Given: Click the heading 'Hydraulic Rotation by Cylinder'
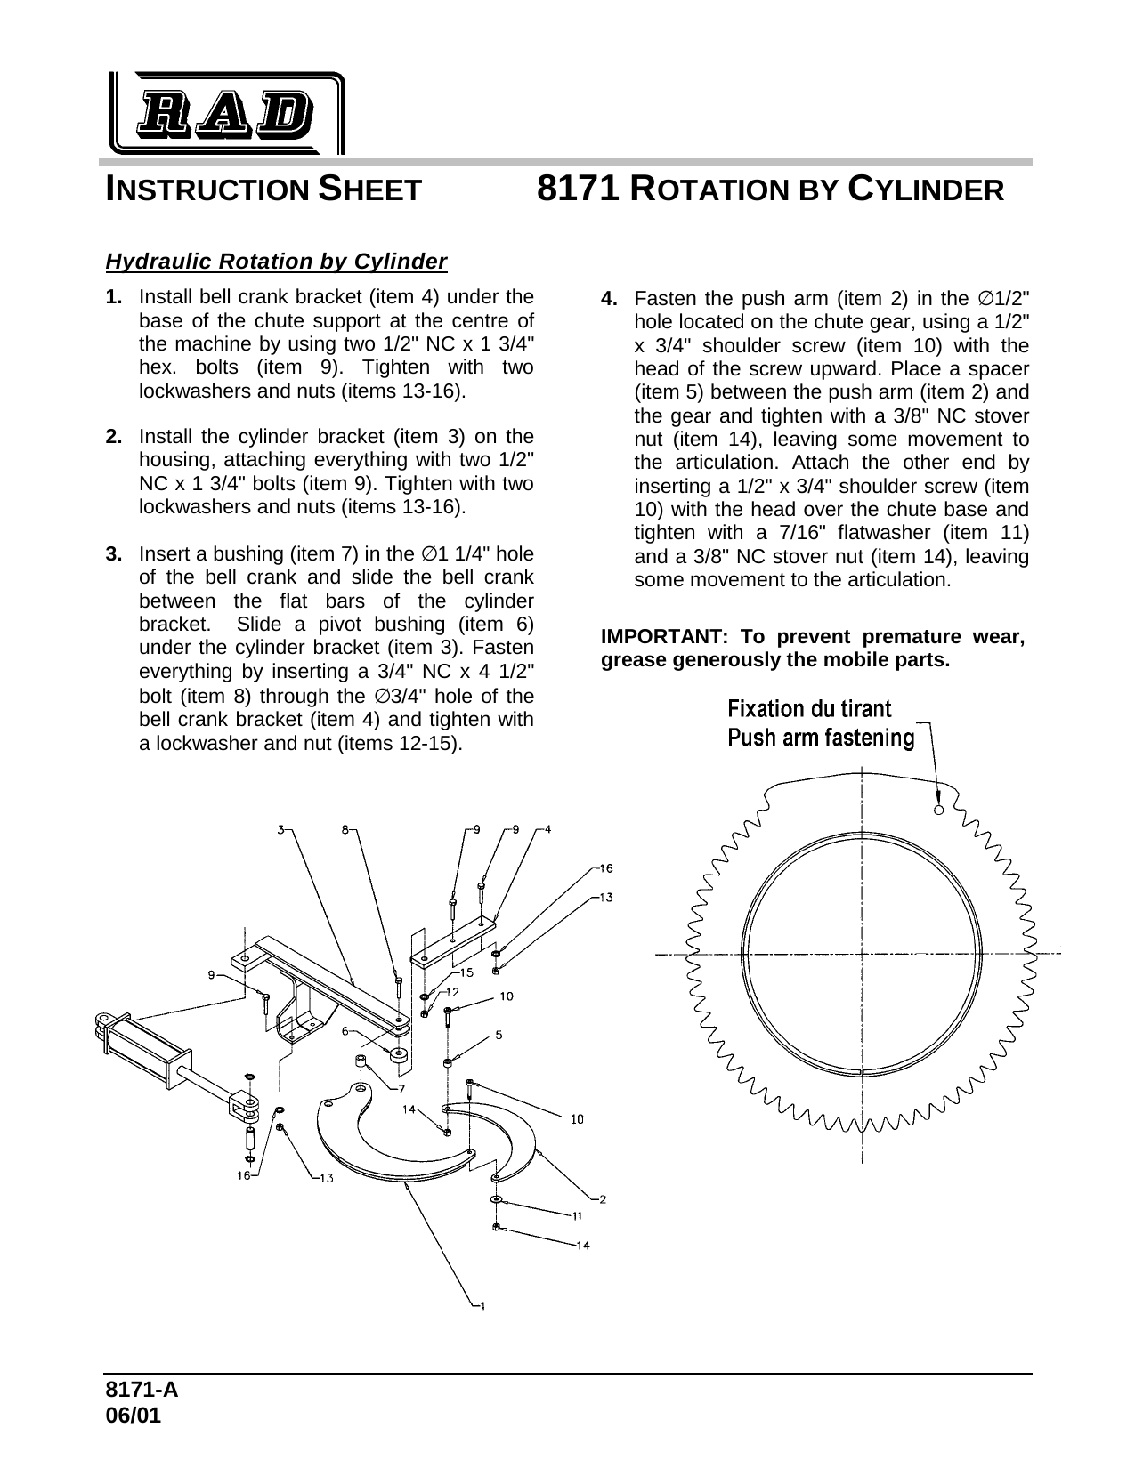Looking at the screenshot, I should (x=276, y=262).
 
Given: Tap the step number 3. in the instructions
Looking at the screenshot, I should (x=114, y=555).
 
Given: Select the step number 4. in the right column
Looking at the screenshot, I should (x=610, y=298).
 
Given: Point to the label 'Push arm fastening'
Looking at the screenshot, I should (x=821, y=738).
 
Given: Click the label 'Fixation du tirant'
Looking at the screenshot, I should (x=809, y=708).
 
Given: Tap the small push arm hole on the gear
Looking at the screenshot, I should (x=938, y=810).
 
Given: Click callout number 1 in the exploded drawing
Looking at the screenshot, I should (x=482, y=1306).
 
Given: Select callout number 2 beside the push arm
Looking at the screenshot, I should (x=603, y=1199).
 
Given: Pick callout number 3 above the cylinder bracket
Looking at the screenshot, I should (x=280, y=829).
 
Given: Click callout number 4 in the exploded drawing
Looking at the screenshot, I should (x=547, y=829).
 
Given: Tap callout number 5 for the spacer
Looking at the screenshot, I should (x=499, y=1035).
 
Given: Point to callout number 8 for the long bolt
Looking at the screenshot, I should (x=345, y=829).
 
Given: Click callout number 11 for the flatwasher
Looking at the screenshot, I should (x=577, y=1215).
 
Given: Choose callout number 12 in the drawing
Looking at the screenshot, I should (x=452, y=991).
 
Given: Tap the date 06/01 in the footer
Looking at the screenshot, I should (x=134, y=1415).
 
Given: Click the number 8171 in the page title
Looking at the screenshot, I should (x=579, y=189).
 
